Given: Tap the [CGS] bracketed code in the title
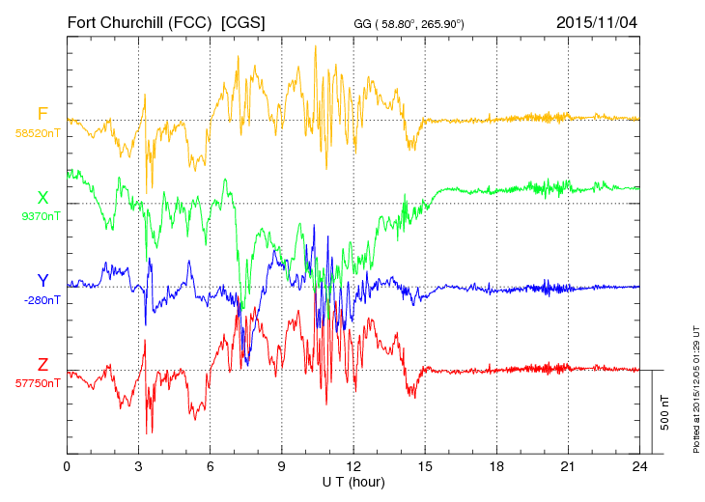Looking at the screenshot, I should [x=242, y=20].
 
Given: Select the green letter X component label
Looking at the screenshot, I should [x=42, y=198].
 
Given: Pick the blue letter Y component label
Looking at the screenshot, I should [x=42, y=281].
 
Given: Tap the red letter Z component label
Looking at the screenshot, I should [x=42, y=364].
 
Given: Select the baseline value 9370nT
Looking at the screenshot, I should [x=40, y=216].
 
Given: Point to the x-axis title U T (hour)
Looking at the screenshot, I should [x=352, y=482].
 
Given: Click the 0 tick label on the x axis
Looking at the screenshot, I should [x=67, y=466].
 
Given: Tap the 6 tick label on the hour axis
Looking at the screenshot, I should [x=210, y=466].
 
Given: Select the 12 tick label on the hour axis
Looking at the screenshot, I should [x=352, y=466].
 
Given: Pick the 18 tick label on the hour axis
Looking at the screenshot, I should [x=495, y=466].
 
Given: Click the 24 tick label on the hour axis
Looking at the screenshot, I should [x=638, y=466].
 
